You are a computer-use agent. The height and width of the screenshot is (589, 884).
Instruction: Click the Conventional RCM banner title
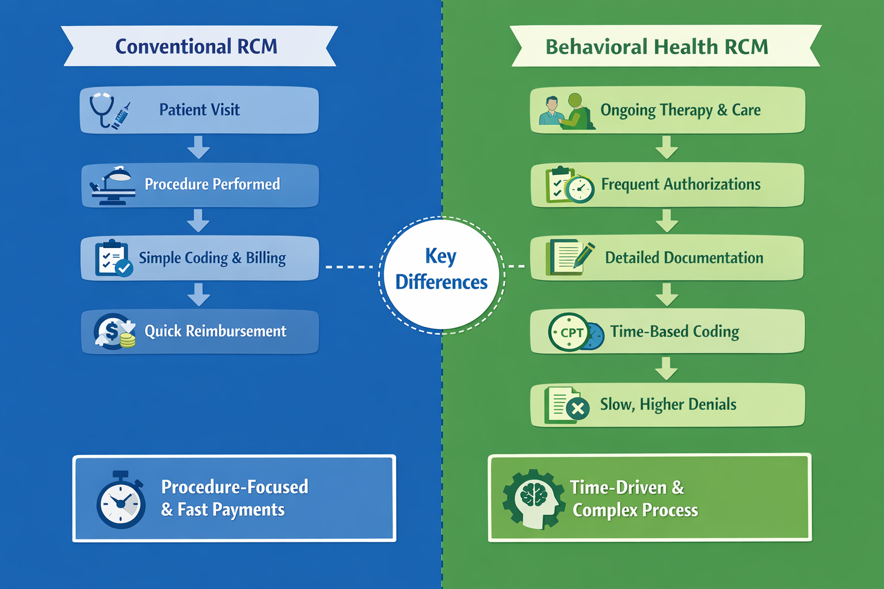pyautogui.click(x=196, y=47)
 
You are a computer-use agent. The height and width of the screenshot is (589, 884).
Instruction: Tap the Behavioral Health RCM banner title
pyautogui.click(x=657, y=47)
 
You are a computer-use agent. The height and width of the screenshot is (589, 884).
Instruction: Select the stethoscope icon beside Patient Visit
pyautogui.click(x=102, y=109)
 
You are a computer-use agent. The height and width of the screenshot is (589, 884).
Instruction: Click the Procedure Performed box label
pyautogui.click(x=212, y=184)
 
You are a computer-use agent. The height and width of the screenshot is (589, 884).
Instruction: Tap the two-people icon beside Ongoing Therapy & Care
pyautogui.click(x=565, y=110)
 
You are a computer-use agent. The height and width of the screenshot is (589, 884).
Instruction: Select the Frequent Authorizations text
pyautogui.click(x=681, y=184)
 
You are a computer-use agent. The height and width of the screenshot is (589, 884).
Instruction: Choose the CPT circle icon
pyautogui.click(x=569, y=332)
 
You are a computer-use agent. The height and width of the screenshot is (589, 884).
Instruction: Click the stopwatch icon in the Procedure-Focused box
pyautogui.click(x=121, y=500)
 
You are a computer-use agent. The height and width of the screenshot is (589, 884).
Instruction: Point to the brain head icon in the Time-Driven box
pyautogui.click(x=534, y=499)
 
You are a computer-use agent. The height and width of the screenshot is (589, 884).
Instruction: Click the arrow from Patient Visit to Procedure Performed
pyautogui.click(x=199, y=147)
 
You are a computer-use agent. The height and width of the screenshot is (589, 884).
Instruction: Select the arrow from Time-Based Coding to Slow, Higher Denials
pyautogui.click(x=666, y=368)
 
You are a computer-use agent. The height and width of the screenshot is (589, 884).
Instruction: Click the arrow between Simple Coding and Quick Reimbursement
pyautogui.click(x=199, y=294)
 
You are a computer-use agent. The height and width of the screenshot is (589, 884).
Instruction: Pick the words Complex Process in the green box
pyautogui.click(x=635, y=510)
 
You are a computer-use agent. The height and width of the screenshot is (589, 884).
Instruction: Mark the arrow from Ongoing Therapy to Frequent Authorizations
pyautogui.click(x=666, y=147)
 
